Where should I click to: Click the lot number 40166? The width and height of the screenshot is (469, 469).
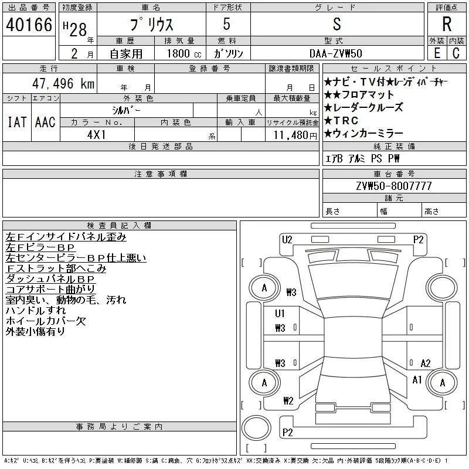[x=29, y=25]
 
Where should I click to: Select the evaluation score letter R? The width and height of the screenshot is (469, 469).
[x=447, y=24]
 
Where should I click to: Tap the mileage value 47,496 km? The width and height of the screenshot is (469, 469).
[x=63, y=83]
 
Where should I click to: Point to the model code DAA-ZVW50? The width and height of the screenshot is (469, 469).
[x=336, y=53]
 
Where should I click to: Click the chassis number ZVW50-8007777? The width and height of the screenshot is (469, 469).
[x=394, y=186]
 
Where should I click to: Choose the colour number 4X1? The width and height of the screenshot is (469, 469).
[x=97, y=135]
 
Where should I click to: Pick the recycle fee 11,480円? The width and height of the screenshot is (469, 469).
[x=295, y=135]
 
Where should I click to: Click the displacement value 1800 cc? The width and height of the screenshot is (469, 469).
[x=184, y=53]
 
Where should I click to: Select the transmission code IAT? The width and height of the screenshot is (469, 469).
[x=17, y=122]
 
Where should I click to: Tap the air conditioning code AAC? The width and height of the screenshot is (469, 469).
[x=46, y=122]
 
